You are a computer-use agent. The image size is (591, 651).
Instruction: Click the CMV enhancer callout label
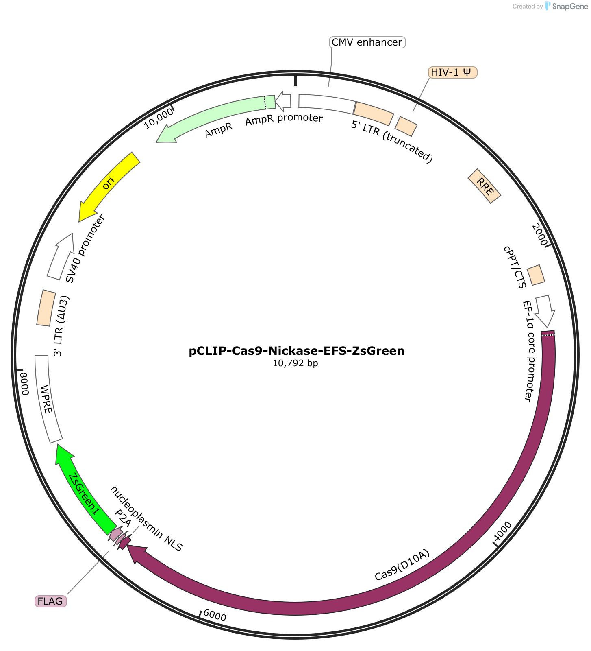coord(367,42)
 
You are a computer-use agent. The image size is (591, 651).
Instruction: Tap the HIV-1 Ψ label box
coord(452,72)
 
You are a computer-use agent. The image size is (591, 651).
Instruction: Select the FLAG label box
coord(50,601)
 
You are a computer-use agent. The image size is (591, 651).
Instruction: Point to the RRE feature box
coord(485,186)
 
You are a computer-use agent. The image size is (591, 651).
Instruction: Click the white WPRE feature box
coord(48,399)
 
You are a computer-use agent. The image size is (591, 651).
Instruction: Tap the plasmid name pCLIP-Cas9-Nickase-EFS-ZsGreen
coord(297,351)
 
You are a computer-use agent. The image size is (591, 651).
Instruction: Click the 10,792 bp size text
coord(295,363)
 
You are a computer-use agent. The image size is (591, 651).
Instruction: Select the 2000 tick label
coord(540,235)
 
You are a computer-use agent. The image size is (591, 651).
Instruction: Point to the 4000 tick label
coord(503,530)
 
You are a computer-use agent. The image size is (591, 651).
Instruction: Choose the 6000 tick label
coord(215,615)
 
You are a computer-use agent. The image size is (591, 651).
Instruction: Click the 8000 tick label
coord(24,384)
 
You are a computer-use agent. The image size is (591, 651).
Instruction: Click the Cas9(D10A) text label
coord(402,566)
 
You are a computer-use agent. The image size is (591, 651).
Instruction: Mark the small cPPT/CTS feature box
coord(536,275)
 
